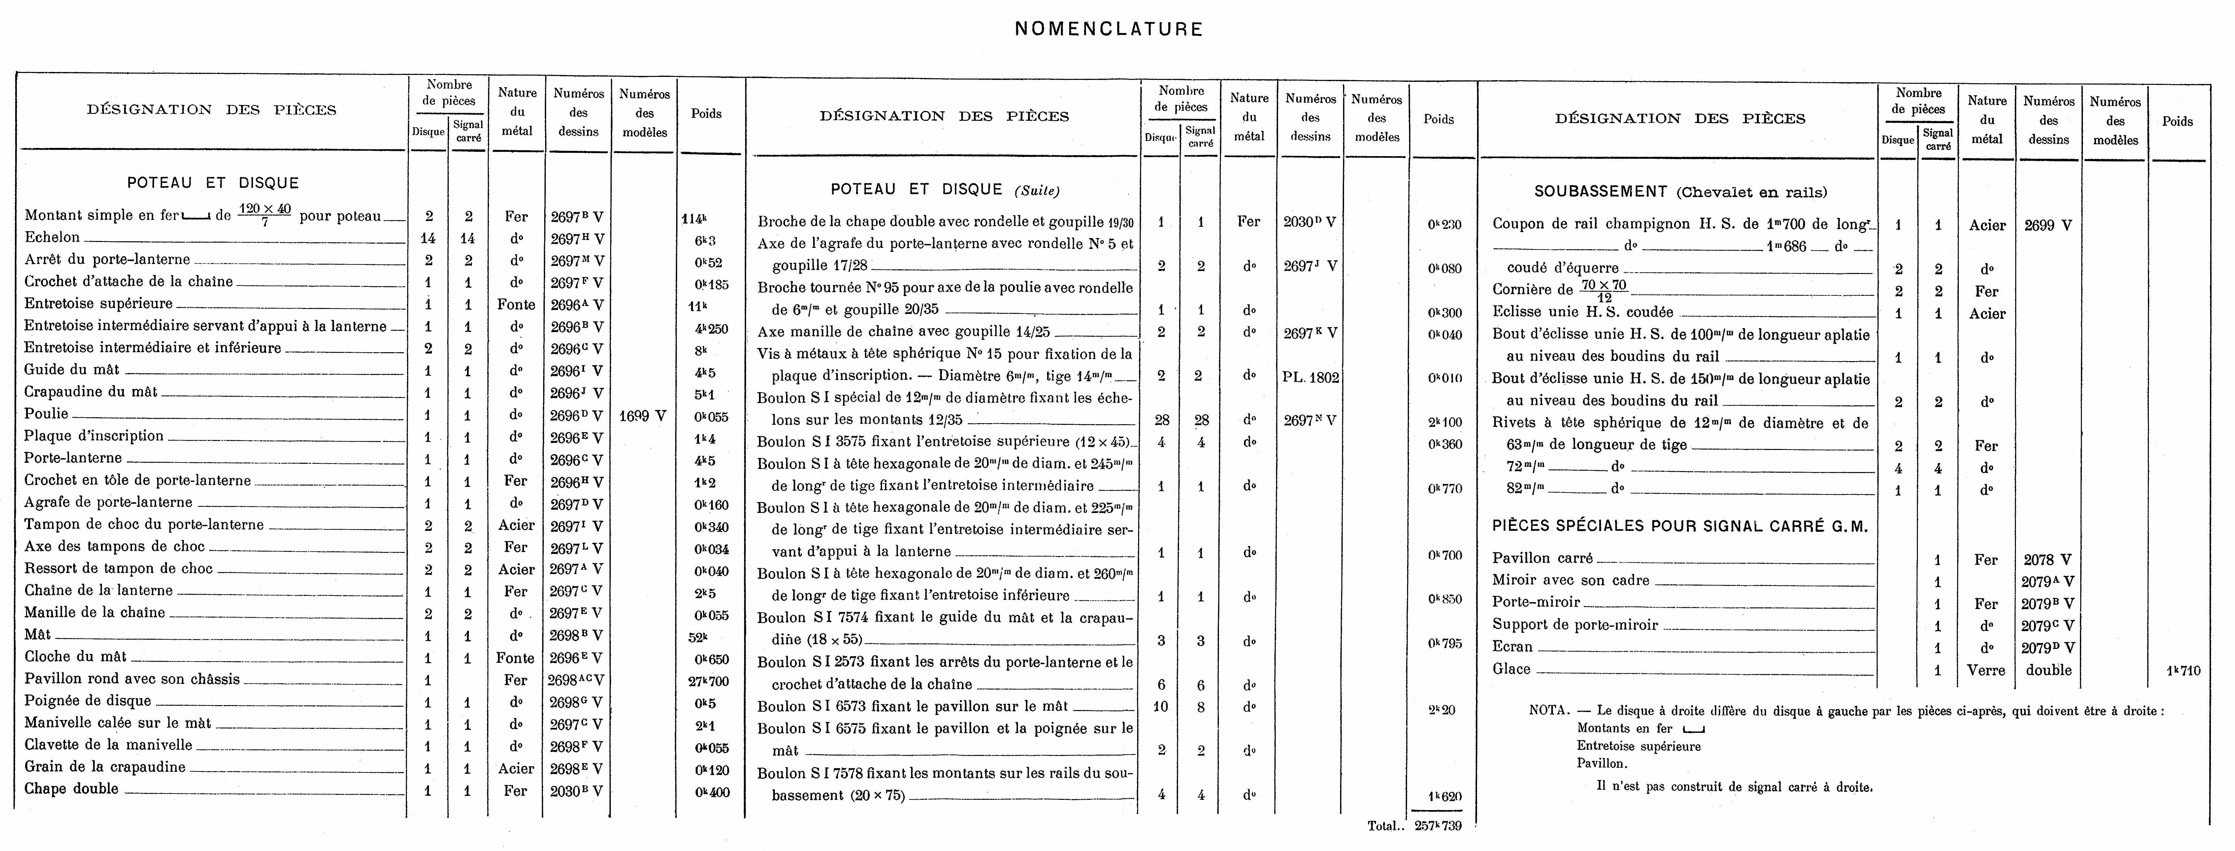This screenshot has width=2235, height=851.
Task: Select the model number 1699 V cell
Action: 642,416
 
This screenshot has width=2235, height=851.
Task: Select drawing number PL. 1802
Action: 1310,377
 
